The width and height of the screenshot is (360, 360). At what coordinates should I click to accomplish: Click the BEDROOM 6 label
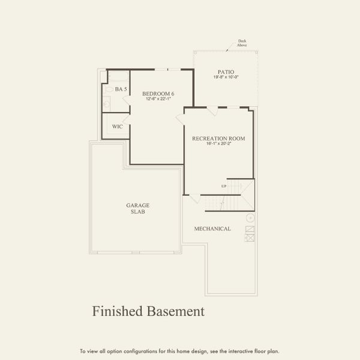pyautogui.click(x=158, y=93)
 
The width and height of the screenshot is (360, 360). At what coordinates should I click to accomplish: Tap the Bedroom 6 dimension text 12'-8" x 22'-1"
pyautogui.click(x=158, y=99)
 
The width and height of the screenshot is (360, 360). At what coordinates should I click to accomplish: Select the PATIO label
pyautogui.click(x=226, y=72)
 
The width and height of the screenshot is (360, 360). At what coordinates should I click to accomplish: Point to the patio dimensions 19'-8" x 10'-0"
pyautogui.click(x=226, y=77)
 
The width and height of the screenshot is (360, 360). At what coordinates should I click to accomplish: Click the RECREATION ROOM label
pyautogui.click(x=218, y=139)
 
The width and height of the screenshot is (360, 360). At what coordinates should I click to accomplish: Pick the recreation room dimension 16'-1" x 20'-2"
pyautogui.click(x=218, y=144)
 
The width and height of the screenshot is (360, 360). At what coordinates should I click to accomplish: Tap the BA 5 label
pyautogui.click(x=121, y=89)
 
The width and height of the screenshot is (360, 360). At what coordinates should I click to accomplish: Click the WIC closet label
pyautogui.click(x=118, y=127)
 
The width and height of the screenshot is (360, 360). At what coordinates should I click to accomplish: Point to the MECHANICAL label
pyautogui.click(x=212, y=229)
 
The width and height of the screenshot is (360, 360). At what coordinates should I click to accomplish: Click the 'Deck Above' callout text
pyautogui.click(x=242, y=43)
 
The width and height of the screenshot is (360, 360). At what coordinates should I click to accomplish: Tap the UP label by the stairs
pyautogui.click(x=224, y=186)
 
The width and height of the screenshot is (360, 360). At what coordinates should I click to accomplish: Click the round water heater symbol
pyautogui.click(x=250, y=218)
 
